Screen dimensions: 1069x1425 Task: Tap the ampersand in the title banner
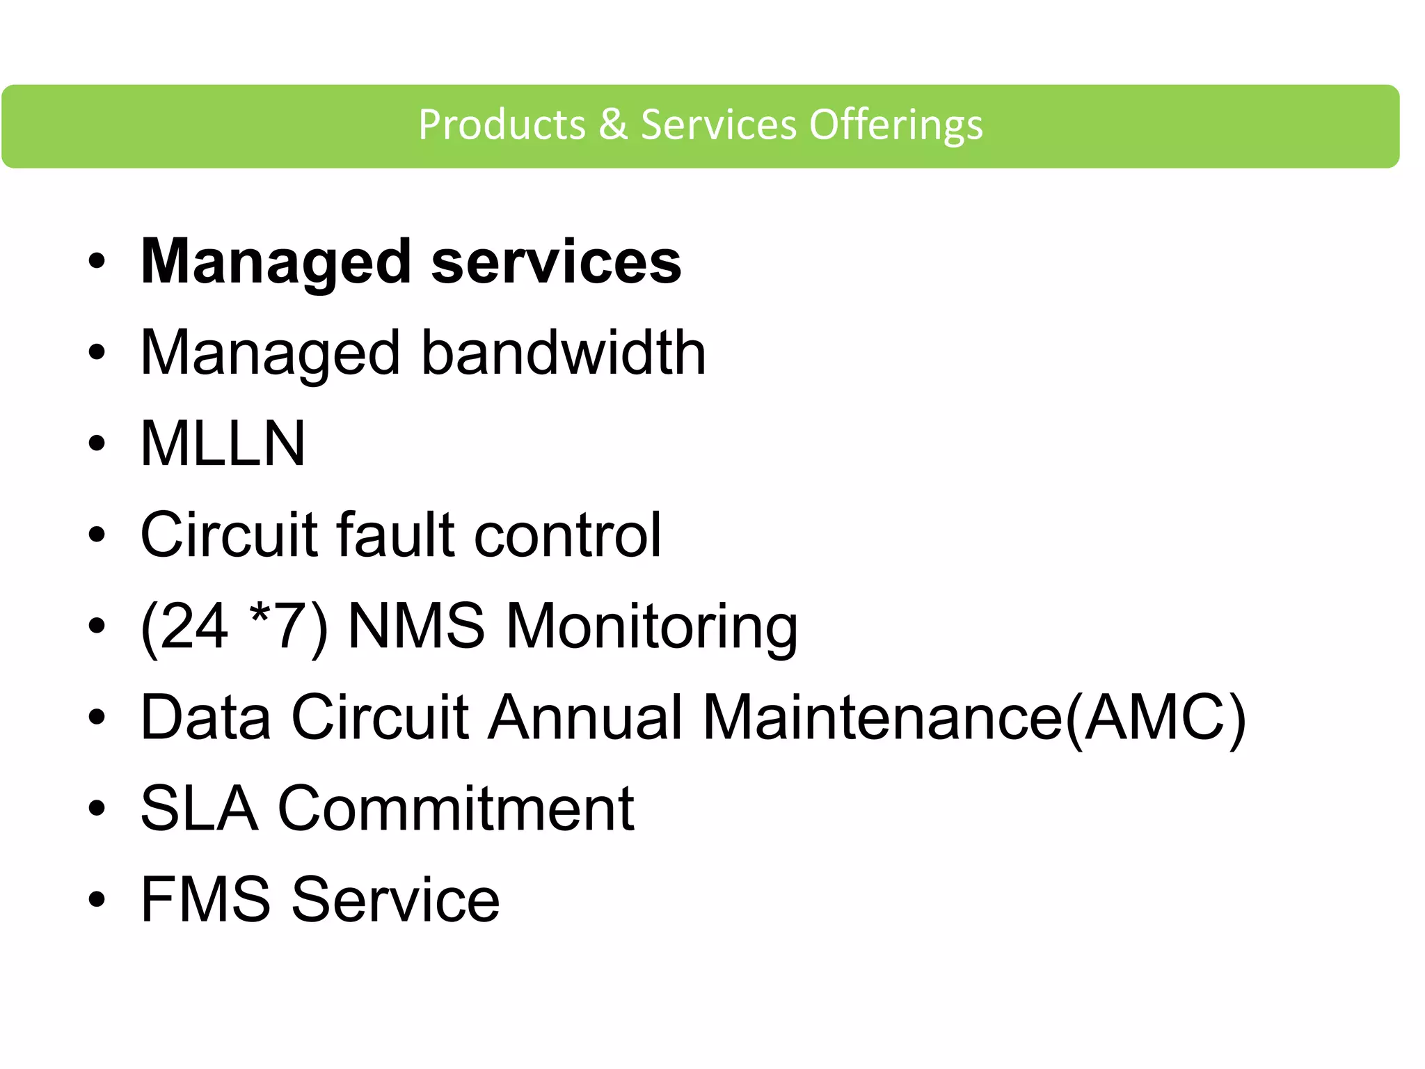(613, 125)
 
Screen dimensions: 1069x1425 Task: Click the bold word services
(556, 262)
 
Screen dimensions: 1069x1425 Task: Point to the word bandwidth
(564, 353)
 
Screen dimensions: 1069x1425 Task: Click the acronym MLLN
(223, 443)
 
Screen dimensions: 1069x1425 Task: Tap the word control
(567, 534)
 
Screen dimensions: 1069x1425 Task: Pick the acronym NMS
(416, 626)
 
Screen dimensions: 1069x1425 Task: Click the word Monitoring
(651, 627)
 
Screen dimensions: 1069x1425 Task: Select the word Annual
(585, 717)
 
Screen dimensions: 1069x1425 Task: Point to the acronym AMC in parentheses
(1155, 717)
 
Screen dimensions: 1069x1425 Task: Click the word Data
(206, 717)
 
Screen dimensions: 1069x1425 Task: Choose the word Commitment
(456, 808)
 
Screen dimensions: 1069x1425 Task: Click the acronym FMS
(206, 899)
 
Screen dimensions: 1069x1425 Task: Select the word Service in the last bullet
(395, 899)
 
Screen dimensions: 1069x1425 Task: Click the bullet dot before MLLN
(97, 443)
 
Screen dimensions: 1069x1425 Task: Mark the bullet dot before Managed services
(97, 262)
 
